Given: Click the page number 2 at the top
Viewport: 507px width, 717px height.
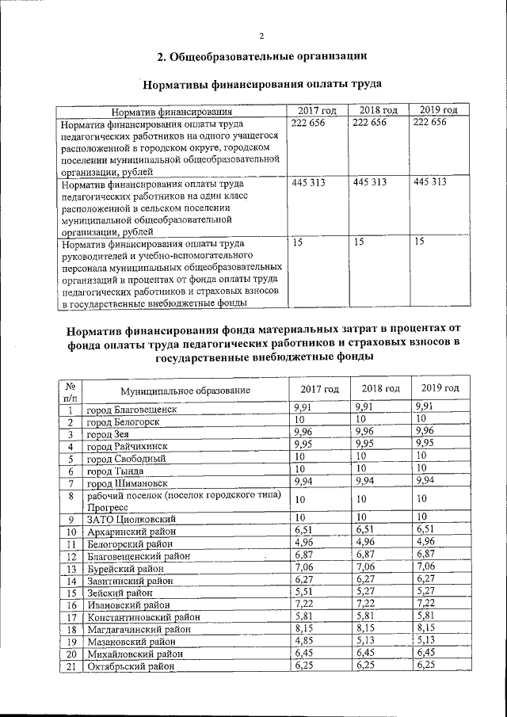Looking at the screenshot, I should pyautogui.click(x=260, y=36).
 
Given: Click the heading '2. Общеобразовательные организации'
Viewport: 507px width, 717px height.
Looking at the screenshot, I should pyautogui.click(x=261, y=56).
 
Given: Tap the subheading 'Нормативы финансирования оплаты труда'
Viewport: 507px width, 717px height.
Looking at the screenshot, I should pyautogui.click(x=260, y=84).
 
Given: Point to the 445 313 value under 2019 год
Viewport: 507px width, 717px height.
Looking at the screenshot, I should pyautogui.click(x=430, y=181).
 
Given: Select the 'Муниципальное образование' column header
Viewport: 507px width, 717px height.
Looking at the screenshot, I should pyautogui.click(x=185, y=390).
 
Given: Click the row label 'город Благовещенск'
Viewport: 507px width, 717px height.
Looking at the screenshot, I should pyautogui.click(x=132, y=410).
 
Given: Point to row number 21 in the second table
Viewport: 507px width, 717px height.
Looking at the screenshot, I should pyautogui.click(x=70, y=668).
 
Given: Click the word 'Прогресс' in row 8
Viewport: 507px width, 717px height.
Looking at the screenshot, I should pyautogui.click(x=108, y=504).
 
